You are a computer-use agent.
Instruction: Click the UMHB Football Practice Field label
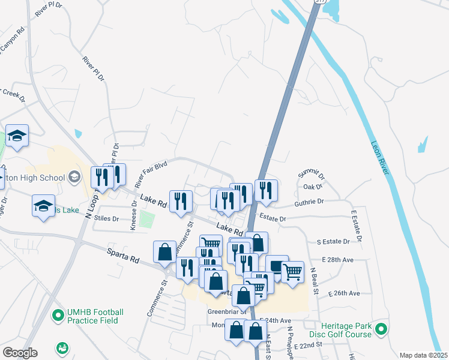[x=95, y=317]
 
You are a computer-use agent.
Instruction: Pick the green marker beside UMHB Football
[x=58, y=314]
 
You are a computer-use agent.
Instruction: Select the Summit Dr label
[x=312, y=175]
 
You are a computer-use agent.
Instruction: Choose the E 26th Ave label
[x=344, y=293]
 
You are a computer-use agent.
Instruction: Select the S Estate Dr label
[x=333, y=241]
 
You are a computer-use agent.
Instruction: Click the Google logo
[x=20, y=353]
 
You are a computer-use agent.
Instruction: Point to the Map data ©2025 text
[x=423, y=355]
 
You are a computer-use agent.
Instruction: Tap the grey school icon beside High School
[x=74, y=176]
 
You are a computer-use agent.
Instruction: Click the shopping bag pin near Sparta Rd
[x=164, y=253]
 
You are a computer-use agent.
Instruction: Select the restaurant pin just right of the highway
[x=266, y=191]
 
